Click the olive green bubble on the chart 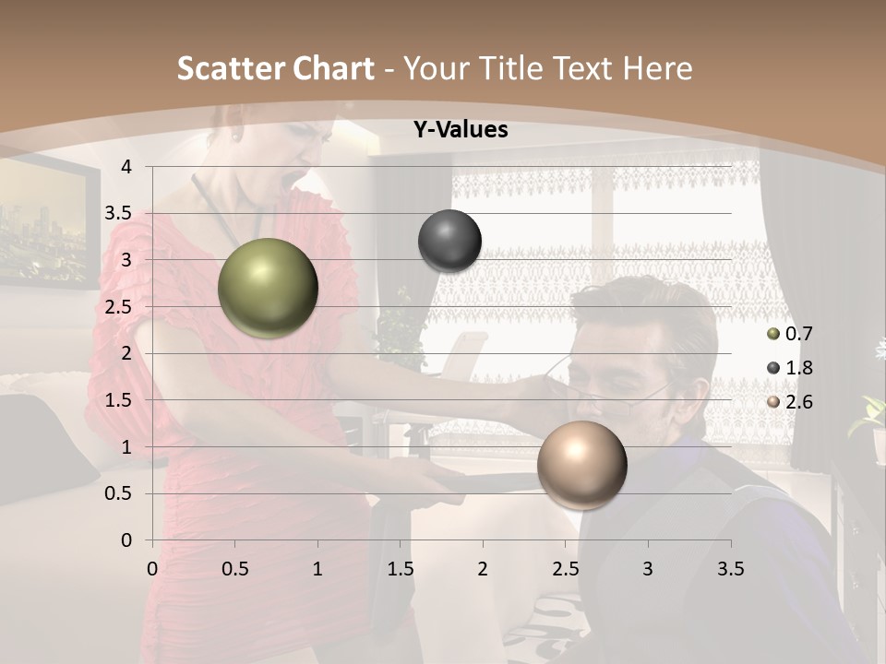[268, 288]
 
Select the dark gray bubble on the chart [449, 241]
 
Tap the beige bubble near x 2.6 [581, 465]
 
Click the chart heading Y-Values [460, 130]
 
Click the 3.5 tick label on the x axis [731, 568]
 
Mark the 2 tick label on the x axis [483, 568]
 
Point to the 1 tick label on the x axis [317, 568]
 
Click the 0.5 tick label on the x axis [234, 568]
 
